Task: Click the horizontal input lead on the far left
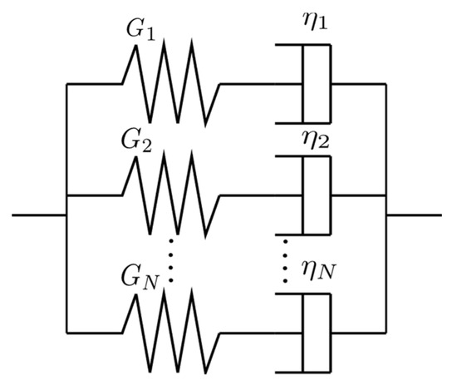38,216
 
